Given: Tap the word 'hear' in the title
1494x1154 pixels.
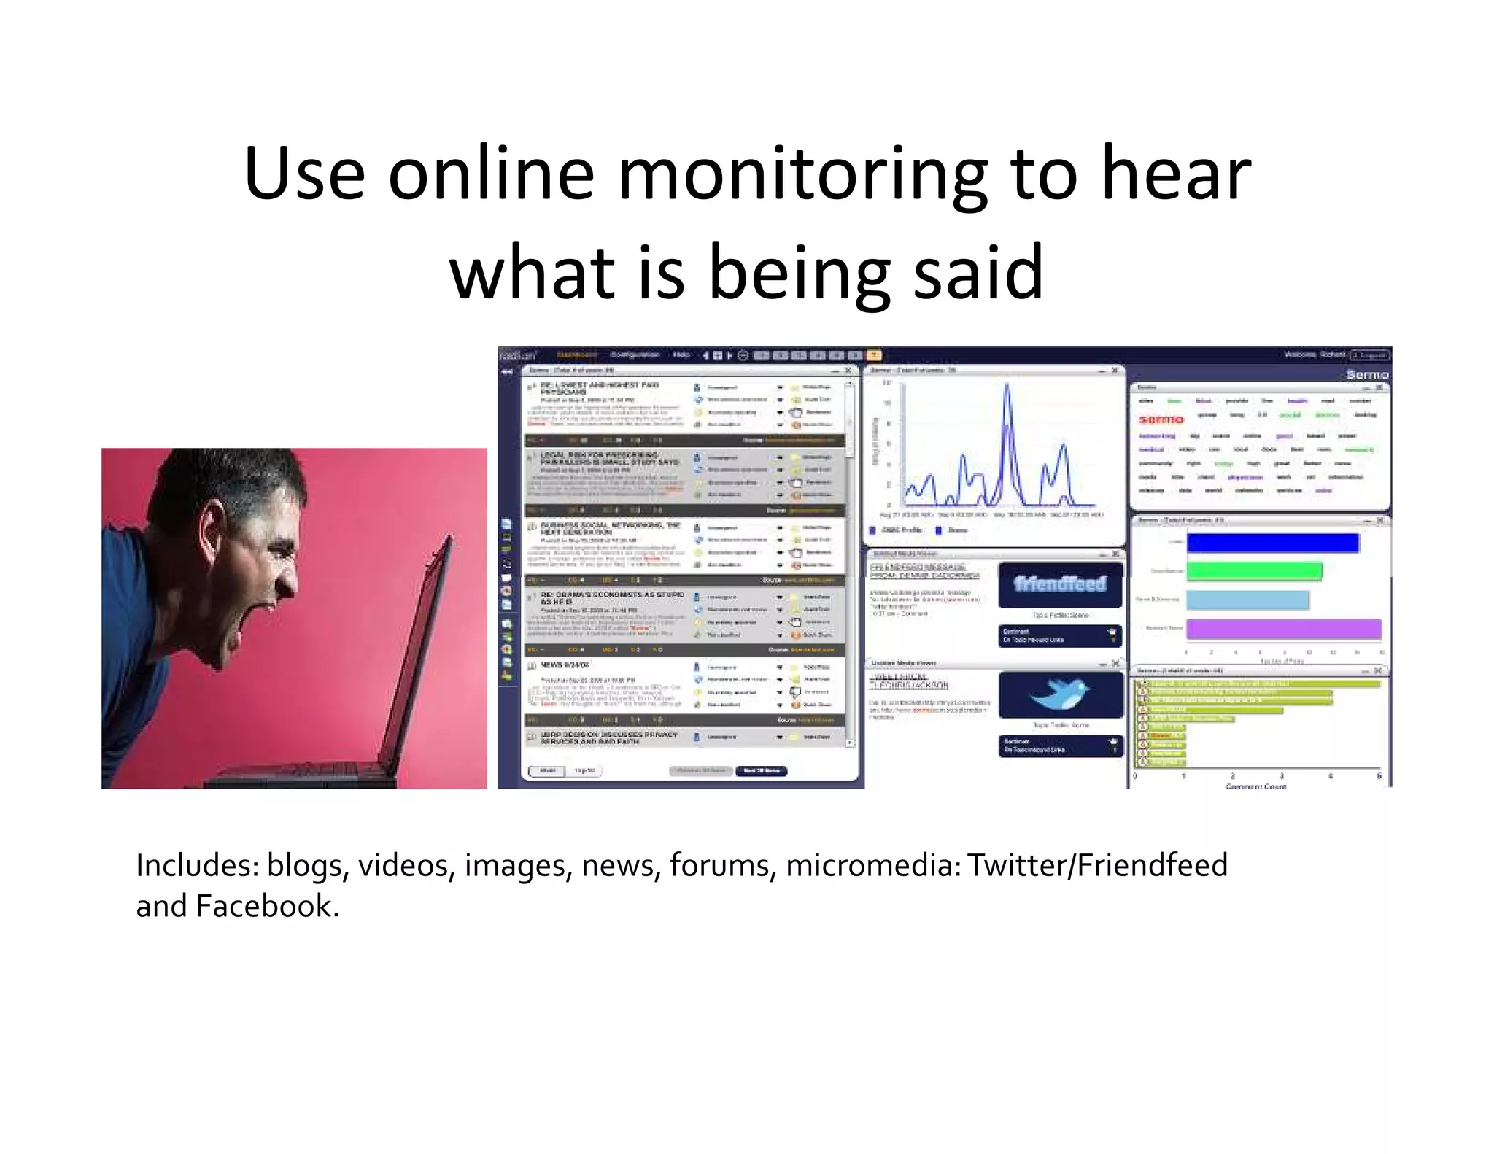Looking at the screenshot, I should coord(1176,175).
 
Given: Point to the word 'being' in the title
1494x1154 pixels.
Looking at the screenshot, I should coord(800,274).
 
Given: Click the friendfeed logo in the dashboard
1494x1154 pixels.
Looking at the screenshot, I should coord(1060,584).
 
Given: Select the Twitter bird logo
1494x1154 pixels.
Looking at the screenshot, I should coord(1059,694).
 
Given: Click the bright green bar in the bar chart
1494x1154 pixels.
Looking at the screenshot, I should coord(1254,570).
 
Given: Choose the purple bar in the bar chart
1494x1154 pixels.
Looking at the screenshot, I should coord(1283,629).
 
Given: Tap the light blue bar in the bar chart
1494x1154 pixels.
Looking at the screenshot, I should coord(1247,600).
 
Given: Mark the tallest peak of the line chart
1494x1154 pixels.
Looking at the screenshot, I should coord(1007,386).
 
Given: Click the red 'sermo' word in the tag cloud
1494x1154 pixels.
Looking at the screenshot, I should coord(1161,419).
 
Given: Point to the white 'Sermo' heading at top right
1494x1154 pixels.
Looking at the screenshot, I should coord(1367,375).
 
